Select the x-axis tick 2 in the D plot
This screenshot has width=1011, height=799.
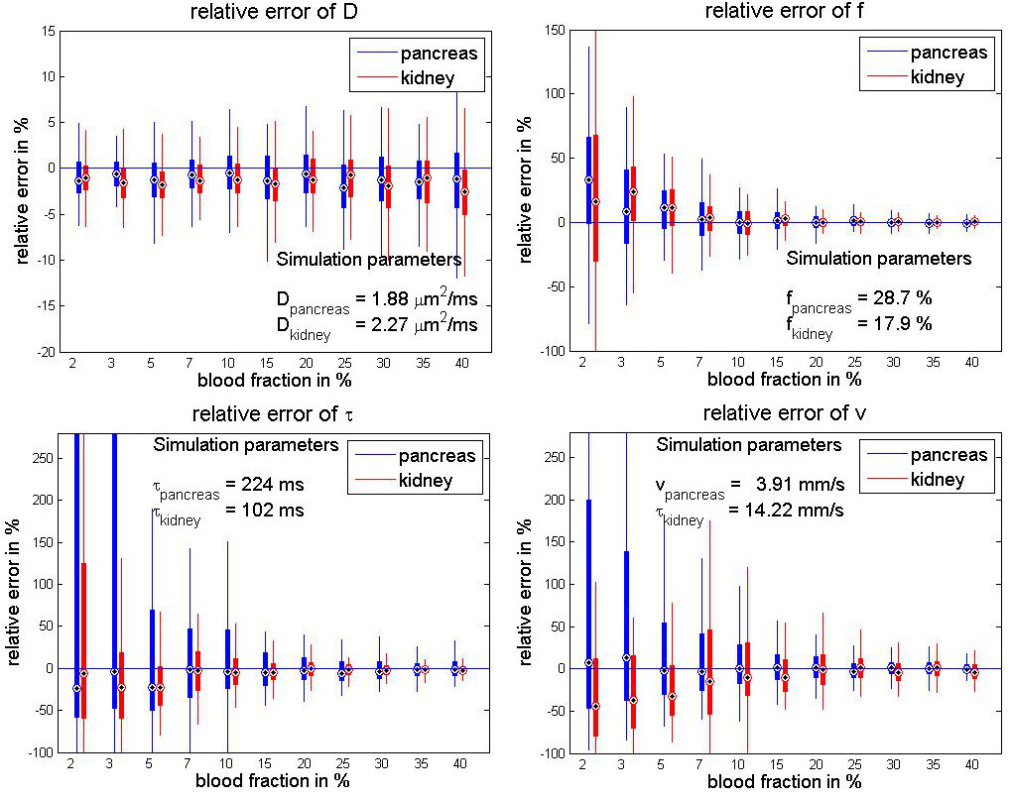point(71,363)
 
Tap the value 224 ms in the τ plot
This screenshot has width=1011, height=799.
point(265,485)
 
